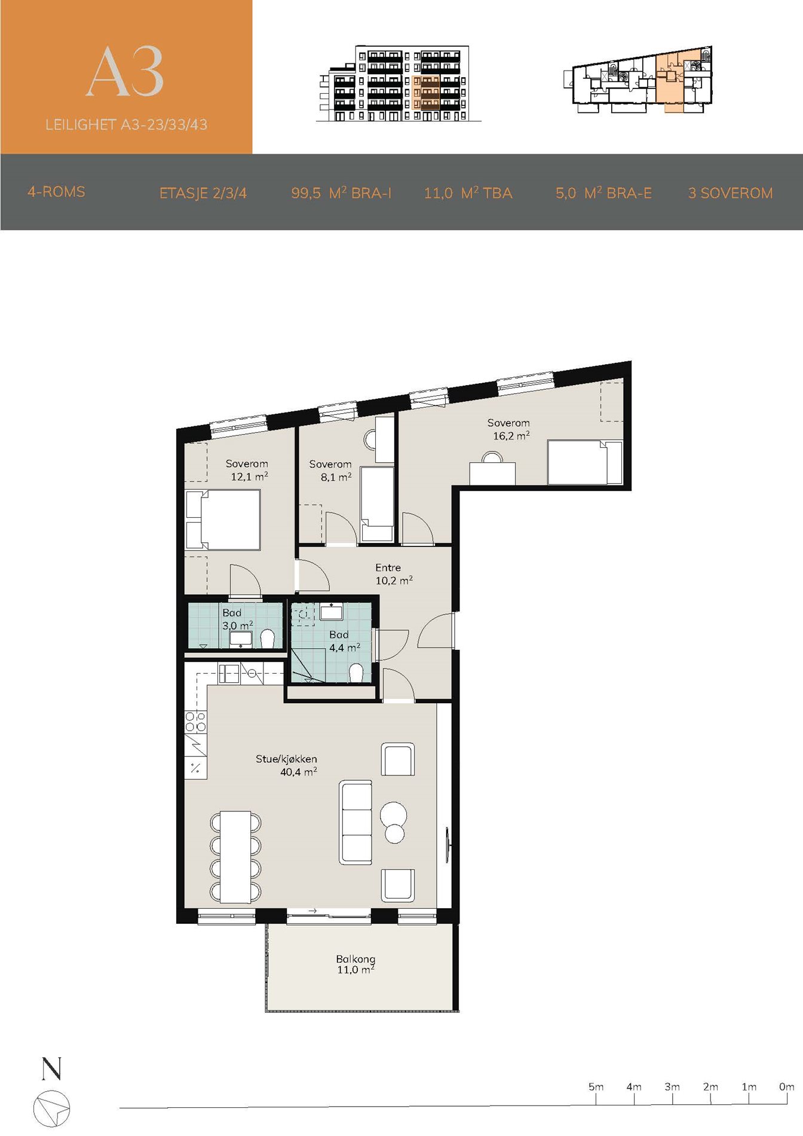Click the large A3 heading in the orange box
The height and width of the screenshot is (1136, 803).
click(x=125, y=72)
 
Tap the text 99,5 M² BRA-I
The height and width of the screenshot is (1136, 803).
click(x=341, y=193)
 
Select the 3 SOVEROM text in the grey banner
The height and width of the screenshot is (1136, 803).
click(x=730, y=193)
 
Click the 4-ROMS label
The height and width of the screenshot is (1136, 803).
click(x=56, y=192)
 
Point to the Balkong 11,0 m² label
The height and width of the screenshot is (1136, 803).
click(x=355, y=964)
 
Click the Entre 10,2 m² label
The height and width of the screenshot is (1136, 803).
click(x=393, y=574)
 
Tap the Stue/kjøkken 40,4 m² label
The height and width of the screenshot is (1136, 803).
click(x=287, y=765)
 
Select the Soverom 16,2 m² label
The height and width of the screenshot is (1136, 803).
click(x=509, y=429)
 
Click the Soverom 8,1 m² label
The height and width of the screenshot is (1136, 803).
click(x=330, y=471)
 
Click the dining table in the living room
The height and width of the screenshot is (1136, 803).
click(x=235, y=857)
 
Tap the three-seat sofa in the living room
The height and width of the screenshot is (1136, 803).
click(x=355, y=822)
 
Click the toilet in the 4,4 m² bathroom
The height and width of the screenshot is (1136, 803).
click(x=356, y=673)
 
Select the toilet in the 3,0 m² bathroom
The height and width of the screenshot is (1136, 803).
click(x=268, y=639)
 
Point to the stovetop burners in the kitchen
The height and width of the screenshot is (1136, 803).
click(x=195, y=722)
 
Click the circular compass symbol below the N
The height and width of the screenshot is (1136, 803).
click(x=51, y=1108)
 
